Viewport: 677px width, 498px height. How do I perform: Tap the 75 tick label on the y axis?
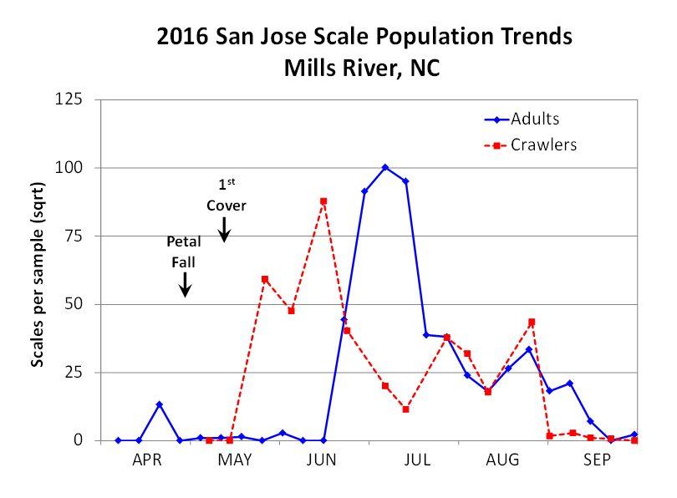point(74,236)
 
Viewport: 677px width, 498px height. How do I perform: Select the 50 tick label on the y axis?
point(74,304)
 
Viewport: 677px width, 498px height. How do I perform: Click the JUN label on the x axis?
point(321,460)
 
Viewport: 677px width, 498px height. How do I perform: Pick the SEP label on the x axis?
point(597,460)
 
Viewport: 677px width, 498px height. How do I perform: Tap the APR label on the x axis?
point(147,460)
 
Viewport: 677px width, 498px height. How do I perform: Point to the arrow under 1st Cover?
point(225,229)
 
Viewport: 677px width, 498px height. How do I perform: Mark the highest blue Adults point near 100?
point(385,167)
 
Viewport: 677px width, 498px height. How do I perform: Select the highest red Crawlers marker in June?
point(323,201)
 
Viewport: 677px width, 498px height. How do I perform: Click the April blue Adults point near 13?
point(159,404)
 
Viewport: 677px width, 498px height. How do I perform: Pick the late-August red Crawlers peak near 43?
point(532,322)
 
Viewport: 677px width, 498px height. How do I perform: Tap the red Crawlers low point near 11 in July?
point(405,409)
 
